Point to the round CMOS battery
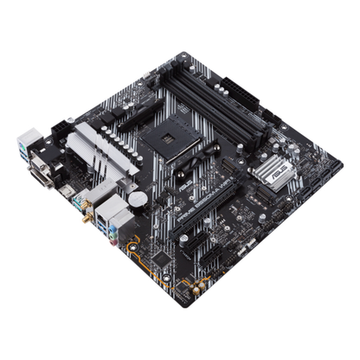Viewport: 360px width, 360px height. pos(137,198)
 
